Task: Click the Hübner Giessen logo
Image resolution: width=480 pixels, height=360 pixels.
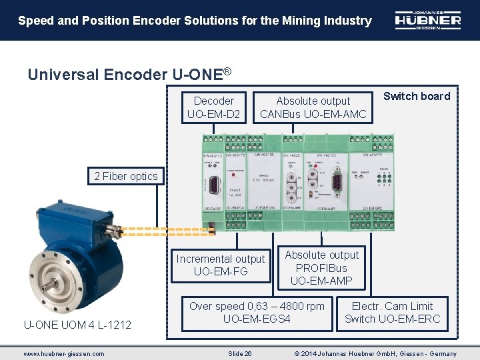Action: tap(427, 20)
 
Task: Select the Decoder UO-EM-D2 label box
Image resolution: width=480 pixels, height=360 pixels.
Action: tap(214, 107)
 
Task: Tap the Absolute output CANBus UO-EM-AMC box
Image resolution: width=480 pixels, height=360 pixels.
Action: tap(313, 107)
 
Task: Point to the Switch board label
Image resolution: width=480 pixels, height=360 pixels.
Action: tap(417, 96)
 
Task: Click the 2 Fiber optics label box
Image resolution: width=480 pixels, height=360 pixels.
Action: tap(126, 176)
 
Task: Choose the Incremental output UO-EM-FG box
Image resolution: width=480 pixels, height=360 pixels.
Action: tap(221, 265)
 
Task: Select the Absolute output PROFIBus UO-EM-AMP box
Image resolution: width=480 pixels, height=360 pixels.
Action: tap(322, 268)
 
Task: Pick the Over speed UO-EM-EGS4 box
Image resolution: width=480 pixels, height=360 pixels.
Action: tap(257, 313)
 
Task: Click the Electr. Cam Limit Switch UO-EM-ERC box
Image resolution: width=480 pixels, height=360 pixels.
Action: tap(393, 313)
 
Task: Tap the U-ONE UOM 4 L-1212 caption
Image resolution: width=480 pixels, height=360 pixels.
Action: tap(77, 325)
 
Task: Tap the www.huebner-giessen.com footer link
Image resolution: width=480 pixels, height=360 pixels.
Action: tap(64, 353)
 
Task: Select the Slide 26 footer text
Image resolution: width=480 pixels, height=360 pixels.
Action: tap(239, 353)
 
